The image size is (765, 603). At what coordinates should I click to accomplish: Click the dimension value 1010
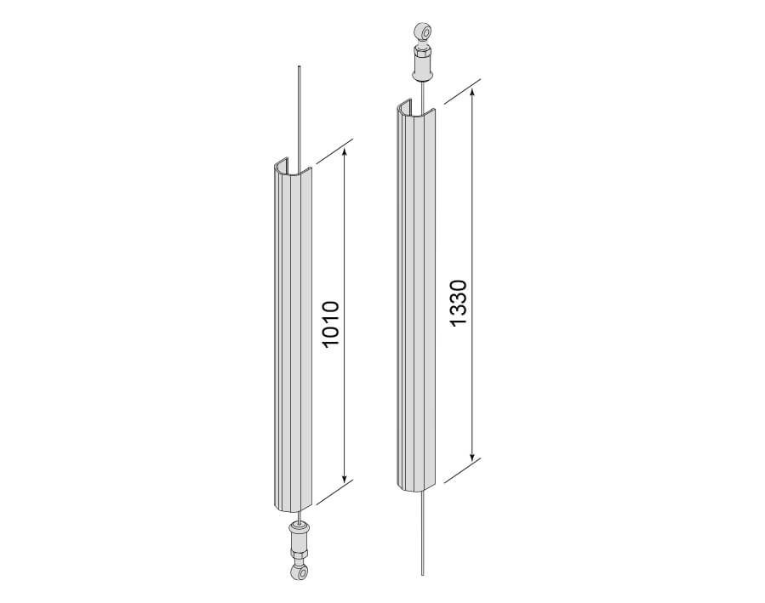click(331, 324)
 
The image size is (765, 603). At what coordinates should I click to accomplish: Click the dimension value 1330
click(459, 303)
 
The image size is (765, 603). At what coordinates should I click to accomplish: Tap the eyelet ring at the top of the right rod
click(423, 33)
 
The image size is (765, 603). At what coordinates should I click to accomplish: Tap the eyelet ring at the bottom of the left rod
click(299, 571)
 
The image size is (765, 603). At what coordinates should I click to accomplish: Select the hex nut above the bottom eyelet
click(298, 555)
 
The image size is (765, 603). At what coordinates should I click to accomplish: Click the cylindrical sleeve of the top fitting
click(423, 65)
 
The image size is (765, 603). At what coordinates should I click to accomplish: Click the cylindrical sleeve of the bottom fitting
click(298, 535)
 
